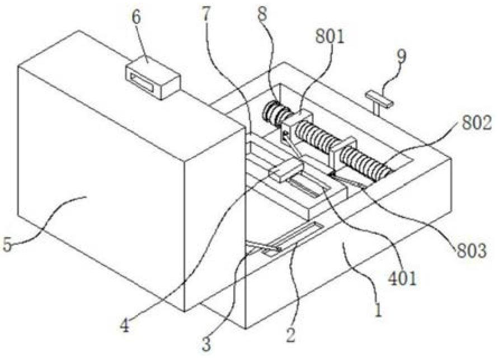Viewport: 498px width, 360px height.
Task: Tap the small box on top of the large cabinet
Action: point(152,80)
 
